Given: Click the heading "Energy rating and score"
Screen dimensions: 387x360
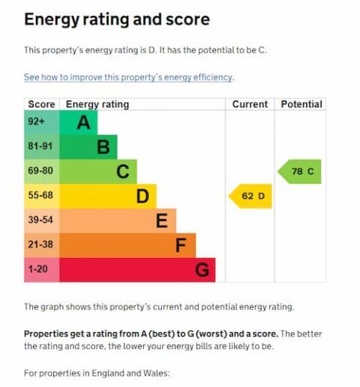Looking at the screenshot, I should (x=116, y=19).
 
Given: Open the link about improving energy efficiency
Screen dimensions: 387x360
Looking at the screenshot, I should (x=128, y=77).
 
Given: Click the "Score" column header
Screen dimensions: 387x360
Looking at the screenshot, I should (x=41, y=104).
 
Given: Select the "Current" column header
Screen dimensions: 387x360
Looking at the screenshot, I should (x=250, y=104).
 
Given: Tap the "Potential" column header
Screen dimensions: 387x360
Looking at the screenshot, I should (x=301, y=104).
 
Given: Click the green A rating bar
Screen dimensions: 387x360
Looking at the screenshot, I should (x=78, y=122).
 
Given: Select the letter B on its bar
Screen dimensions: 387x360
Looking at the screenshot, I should (x=103, y=147).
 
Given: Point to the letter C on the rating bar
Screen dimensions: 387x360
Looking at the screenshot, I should (x=122, y=172).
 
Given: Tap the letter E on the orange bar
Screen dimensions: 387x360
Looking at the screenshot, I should (x=161, y=221).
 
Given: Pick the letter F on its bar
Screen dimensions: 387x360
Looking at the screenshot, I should (x=181, y=245).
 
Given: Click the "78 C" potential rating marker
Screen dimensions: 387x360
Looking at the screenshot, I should (x=301, y=172).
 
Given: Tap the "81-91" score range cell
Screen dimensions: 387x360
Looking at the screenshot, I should (x=41, y=147).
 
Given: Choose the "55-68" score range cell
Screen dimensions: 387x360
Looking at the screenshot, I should (x=41, y=196).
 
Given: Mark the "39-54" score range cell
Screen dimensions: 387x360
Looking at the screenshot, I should (x=41, y=221).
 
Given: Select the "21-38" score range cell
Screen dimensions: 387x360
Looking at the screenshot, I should (x=41, y=245).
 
